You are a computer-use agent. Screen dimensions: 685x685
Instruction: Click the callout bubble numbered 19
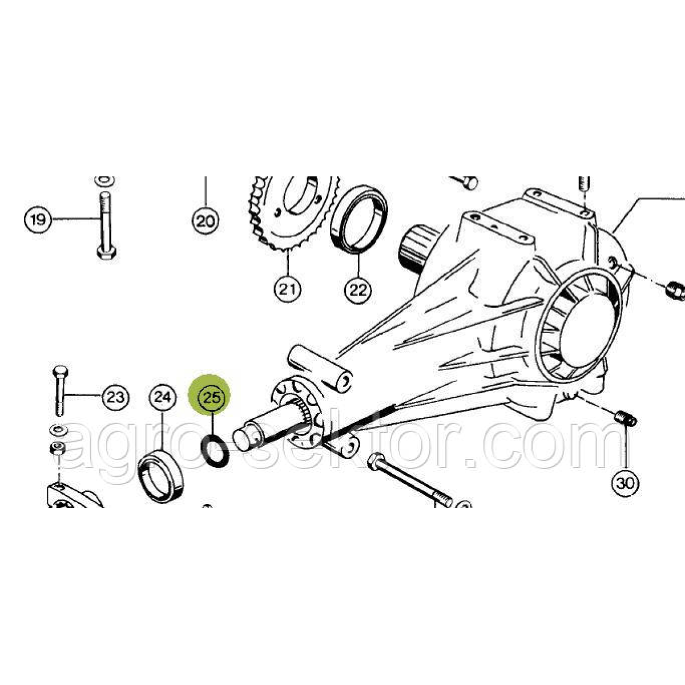pos(38,219)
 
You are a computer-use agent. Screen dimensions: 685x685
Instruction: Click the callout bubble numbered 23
pos(116,397)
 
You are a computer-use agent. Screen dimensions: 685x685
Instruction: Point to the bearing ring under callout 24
pos(163,475)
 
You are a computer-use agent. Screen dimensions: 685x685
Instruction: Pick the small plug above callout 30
pos(626,419)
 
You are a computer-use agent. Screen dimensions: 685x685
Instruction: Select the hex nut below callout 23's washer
pos(58,449)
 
